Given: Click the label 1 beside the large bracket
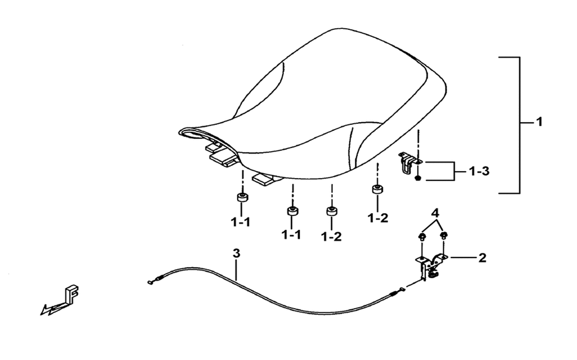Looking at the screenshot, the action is click(539, 122).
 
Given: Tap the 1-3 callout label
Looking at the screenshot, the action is click(479, 171).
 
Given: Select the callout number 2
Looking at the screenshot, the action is click(482, 257).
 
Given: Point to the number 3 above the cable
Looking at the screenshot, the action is click(236, 253).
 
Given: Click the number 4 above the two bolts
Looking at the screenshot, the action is click(435, 213).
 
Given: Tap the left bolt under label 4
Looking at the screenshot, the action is click(422, 237).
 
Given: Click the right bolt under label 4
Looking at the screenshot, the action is click(444, 236).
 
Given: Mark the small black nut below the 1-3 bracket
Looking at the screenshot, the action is click(418, 178).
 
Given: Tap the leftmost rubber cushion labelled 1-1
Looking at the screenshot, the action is click(242, 196).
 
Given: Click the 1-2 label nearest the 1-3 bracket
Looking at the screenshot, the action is click(378, 218).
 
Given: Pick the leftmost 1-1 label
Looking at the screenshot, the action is click(241, 222).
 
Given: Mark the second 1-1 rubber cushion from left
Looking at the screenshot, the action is click(293, 211).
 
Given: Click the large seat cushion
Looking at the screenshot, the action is click(313, 107).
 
